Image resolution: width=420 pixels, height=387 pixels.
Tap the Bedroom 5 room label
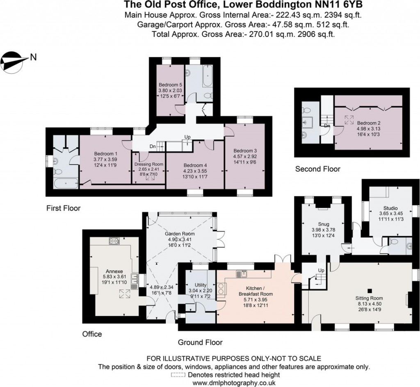point(170,84)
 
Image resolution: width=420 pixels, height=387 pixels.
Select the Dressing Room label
point(148,164)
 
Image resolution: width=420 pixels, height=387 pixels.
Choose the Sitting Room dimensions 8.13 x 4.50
point(369,304)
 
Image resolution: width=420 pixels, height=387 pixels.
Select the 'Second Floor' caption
point(318,169)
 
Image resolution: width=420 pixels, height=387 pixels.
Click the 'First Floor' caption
point(64,208)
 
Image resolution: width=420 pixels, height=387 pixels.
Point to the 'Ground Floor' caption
point(200,342)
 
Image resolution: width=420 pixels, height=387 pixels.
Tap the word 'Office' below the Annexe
point(92,334)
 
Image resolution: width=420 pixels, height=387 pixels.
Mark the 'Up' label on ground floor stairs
point(321,270)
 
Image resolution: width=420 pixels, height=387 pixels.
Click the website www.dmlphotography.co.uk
point(234,383)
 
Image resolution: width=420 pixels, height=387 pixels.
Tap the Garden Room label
point(180,234)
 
